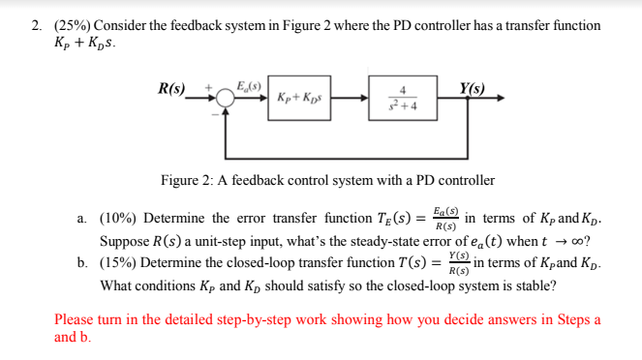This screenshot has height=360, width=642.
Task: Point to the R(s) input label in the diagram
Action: point(175,89)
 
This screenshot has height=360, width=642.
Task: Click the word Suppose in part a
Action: point(125,242)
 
